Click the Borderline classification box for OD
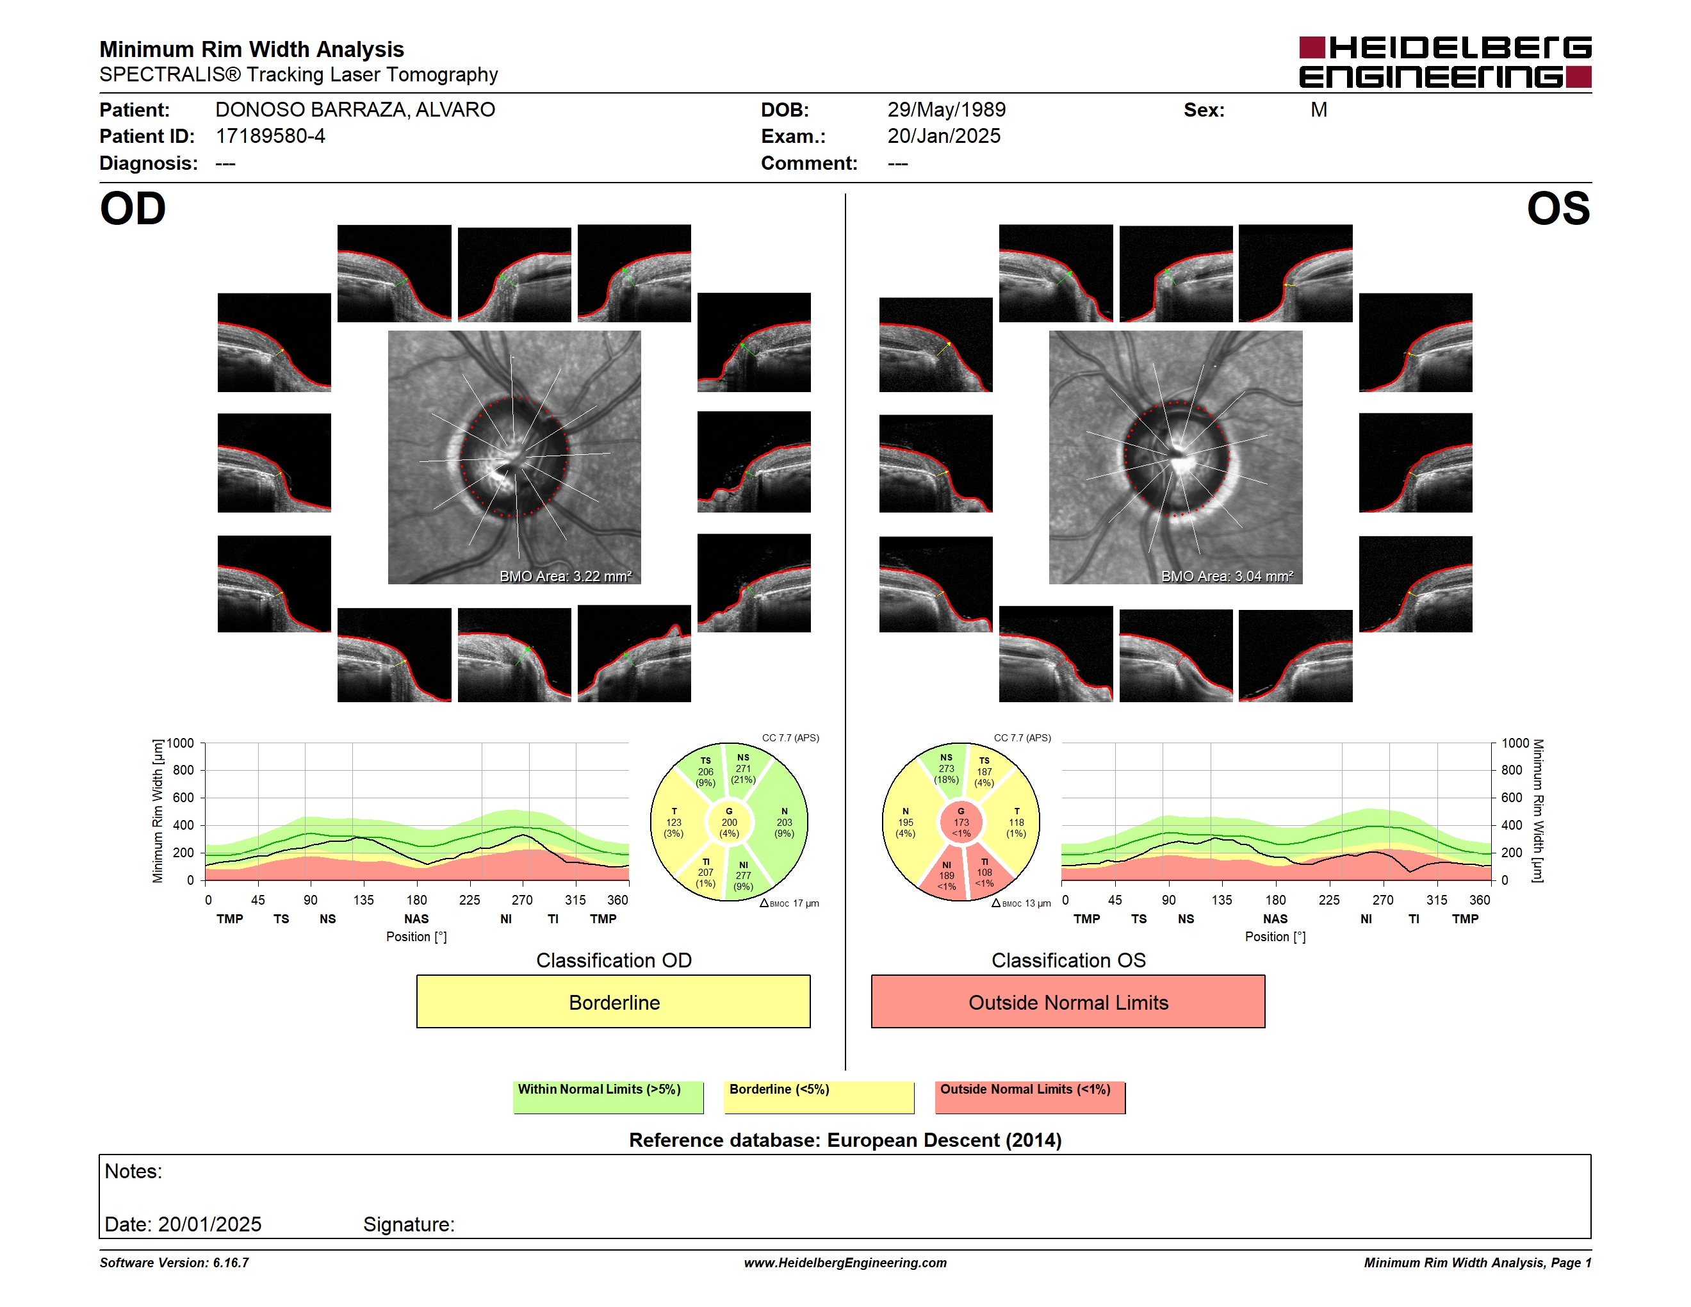point(613,1001)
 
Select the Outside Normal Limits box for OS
point(1068,1001)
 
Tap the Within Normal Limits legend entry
point(608,1097)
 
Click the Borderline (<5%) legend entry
point(819,1097)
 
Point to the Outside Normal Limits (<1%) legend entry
point(1030,1097)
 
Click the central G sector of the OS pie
point(961,822)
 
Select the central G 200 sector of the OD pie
point(728,822)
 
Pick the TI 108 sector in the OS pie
point(983,873)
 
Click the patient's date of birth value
point(946,110)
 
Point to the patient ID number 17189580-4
point(270,136)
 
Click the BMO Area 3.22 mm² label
point(565,576)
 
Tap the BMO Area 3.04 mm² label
point(1227,576)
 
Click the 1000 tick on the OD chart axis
point(179,743)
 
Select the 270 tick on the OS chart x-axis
point(1382,900)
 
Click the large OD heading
point(133,209)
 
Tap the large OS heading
point(1558,209)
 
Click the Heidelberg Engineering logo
point(1445,62)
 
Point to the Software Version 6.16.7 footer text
point(174,1262)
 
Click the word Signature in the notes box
point(409,1224)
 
